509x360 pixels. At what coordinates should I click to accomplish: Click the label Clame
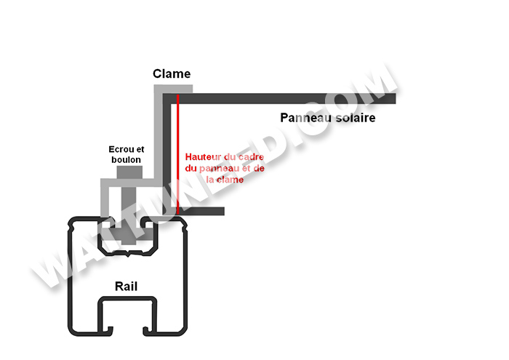(x=172, y=73)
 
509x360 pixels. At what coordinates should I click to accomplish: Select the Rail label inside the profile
(x=127, y=286)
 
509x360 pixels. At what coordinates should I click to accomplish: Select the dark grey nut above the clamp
(x=129, y=173)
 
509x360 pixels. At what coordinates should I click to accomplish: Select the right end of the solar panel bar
(x=391, y=98)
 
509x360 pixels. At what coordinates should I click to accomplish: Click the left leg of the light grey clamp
(x=105, y=204)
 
